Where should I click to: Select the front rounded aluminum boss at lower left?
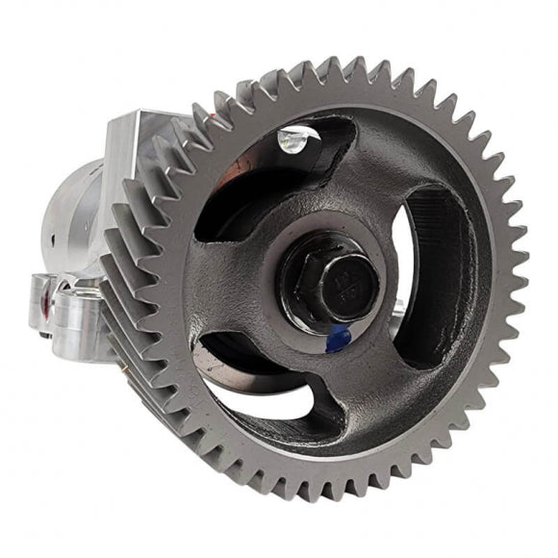coord(82,317)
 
